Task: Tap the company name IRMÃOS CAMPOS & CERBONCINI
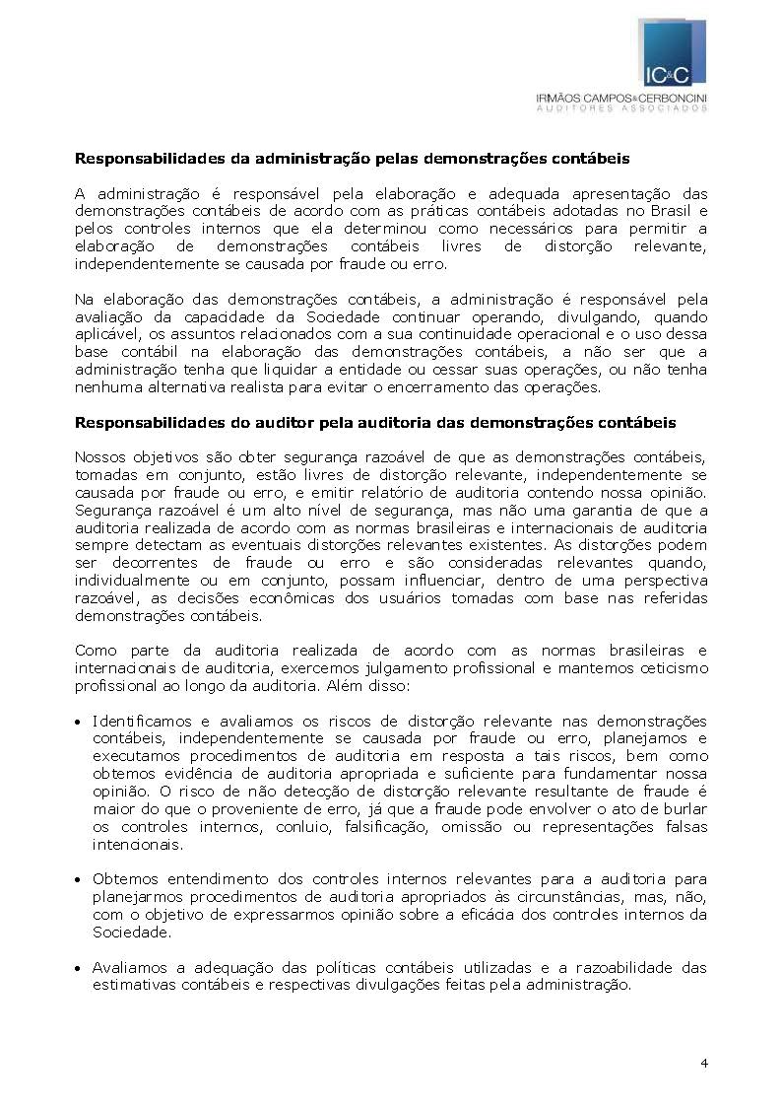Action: [621, 99]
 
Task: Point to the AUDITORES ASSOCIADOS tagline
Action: [621, 109]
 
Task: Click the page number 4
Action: [703, 1063]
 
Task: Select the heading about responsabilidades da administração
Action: [353, 158]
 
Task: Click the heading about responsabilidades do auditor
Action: [375, 423]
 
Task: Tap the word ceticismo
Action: [672, 668]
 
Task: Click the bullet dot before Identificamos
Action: [79, 723]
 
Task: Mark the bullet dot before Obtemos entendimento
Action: [79, 879]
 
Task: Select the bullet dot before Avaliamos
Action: [79, 968]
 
